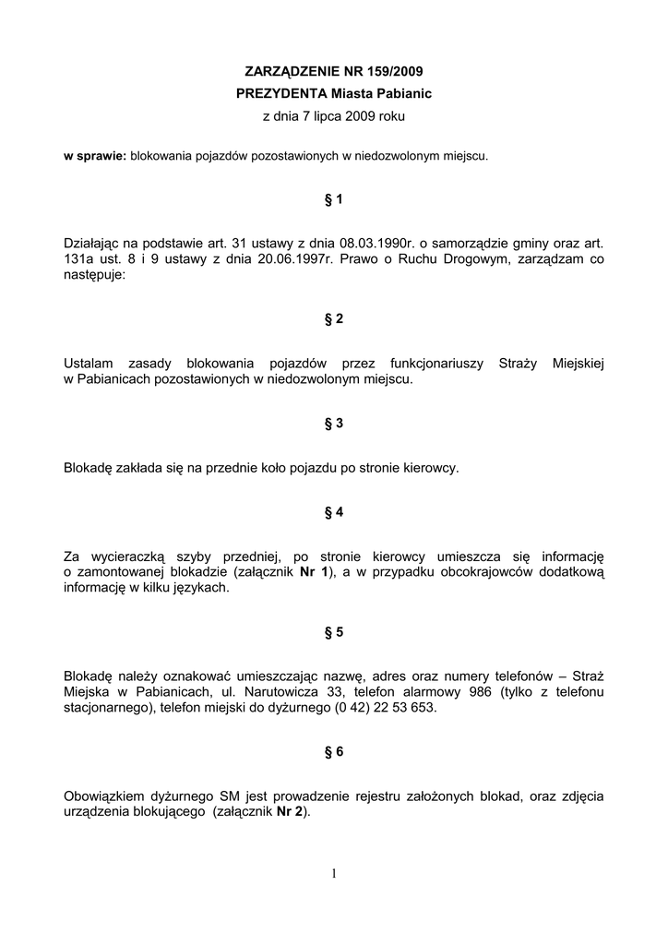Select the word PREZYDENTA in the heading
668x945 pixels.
281,93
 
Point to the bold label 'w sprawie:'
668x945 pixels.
94,156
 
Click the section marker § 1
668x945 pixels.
333,199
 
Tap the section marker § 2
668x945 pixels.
333,318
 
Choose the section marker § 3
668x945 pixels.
333,424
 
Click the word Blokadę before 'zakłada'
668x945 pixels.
88,468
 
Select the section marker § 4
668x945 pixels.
333,512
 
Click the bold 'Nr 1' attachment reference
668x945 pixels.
314,572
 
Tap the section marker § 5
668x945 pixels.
333,632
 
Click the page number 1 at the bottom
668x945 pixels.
333,874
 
